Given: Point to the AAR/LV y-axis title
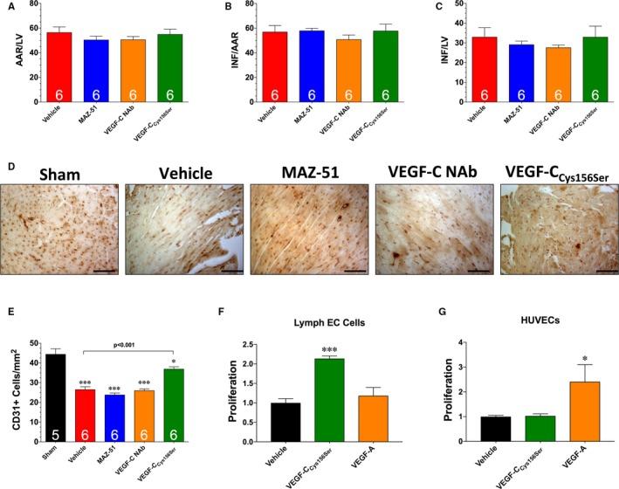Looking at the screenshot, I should point(11,55).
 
